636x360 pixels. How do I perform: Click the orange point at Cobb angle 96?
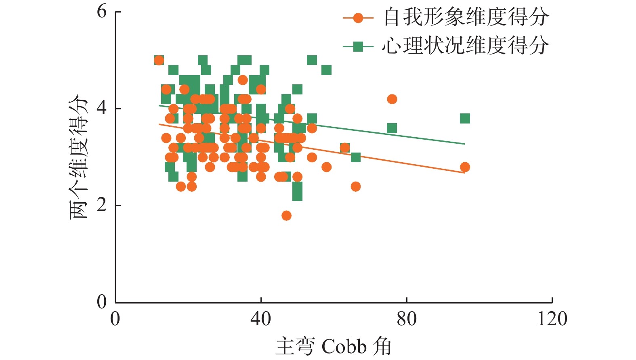(x=465, y=167)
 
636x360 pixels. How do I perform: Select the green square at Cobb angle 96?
(x=465, y=119)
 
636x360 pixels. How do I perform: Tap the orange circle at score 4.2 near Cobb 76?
(x=392, y=99)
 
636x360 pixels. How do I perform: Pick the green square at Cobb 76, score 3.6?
(x=392, y=128)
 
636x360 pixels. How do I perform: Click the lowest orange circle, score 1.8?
(x=286, y=216)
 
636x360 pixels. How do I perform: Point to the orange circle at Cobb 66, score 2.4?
(x=355, y=186)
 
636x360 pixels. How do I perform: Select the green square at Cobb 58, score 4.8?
(x=326, y=70)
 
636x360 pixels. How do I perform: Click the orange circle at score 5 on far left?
(x=159, y=61)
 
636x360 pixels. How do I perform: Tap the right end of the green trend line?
(x=465, y=144)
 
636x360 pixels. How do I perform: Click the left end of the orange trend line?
(x=159, y=124)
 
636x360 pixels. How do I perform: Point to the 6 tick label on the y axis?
(x=102, y=11)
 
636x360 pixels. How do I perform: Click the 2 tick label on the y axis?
(x=102, y=205)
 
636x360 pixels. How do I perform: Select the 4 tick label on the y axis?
(x=102, y=109)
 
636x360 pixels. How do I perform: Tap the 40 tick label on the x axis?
(x=261, y=319)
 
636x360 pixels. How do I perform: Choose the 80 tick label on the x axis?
(x=407, y=319)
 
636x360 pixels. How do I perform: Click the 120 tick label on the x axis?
(x=552, y=319)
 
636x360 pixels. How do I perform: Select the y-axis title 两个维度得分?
(x=79, y=157)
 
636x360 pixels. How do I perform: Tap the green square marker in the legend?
(x=358, y=47)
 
